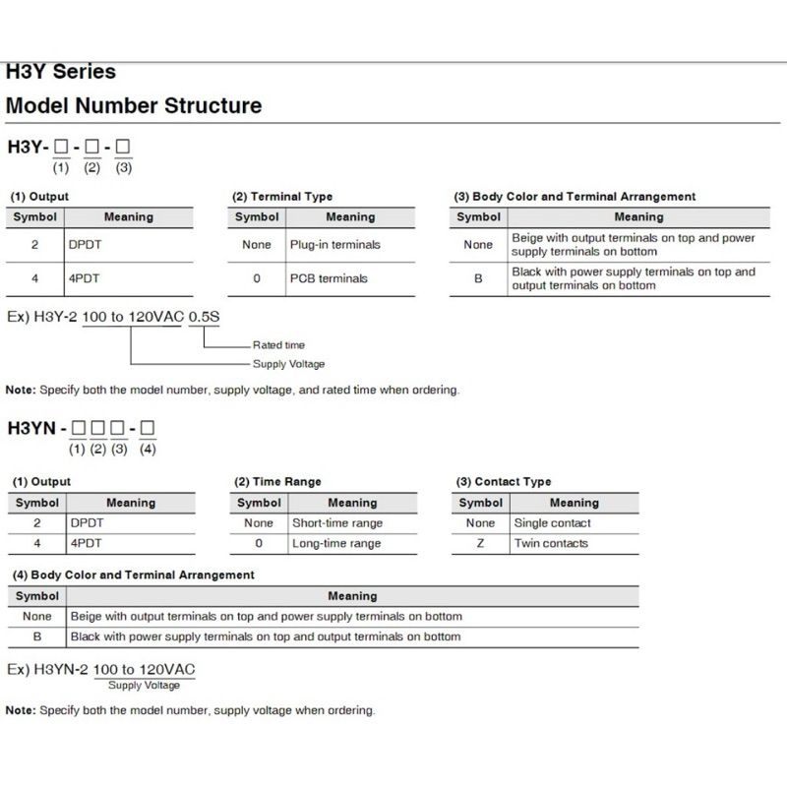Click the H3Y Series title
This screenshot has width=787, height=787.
click(x=61, y=72)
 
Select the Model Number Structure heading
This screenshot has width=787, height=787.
click(x=134, y=105)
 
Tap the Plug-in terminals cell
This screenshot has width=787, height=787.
click(x=334, y=244)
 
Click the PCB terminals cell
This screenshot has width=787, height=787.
click(x=329, y=278)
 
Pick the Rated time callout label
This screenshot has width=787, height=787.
click(x=278, y=345)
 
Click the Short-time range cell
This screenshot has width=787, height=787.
click(x=337, y=523)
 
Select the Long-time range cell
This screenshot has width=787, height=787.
click(x=336, y=543)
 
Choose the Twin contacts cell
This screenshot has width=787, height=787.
click(x=551, y=543)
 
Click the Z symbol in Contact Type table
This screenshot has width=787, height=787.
click(x=480, y=543)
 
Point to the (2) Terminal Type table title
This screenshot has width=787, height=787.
click(x=282, y=197)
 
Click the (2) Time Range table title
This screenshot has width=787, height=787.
click(x=276, y=482)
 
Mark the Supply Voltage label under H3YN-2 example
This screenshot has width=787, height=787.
click(x=144, y=686)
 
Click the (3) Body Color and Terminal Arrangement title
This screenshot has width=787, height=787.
click(x=575, y=197)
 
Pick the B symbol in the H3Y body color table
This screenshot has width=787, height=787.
click(x=479, y=278)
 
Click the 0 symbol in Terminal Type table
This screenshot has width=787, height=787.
click(x=257, y=278)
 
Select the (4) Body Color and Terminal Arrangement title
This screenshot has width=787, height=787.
click(x=133, y=575)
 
